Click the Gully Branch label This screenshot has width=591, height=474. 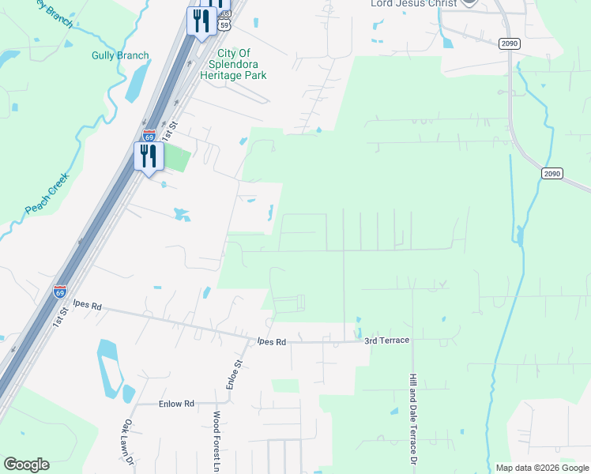point(120,55)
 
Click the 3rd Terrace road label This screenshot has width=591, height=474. point(386,340)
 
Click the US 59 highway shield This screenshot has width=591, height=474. point(224,25)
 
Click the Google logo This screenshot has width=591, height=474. point(26,465)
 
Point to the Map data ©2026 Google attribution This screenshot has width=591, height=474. point(542,468)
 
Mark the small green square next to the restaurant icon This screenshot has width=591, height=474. point(178,158)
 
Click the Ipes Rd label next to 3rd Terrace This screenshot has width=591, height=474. point(269,342)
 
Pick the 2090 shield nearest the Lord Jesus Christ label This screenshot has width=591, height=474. point(510,44)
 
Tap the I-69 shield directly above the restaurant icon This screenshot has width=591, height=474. point(149,135)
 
